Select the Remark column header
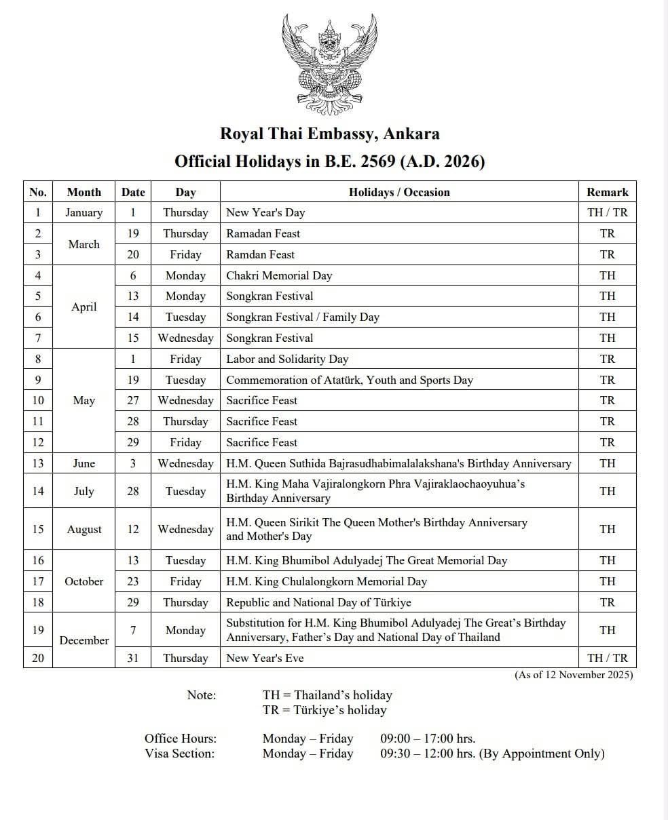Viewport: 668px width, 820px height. (607, 192)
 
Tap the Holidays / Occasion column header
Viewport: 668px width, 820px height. (399, 192)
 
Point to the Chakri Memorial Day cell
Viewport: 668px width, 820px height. (279, 275)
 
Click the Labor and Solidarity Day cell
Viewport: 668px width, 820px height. (287, 359)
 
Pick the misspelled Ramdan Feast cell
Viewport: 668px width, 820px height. (261, 254)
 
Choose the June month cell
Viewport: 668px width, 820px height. (83, 463)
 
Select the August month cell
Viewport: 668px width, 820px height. (83, 529)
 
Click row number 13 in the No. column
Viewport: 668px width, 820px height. (38, 463)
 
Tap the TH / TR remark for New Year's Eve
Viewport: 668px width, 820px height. (607, 658)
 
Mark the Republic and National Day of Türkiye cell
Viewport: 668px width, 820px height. (318, 602)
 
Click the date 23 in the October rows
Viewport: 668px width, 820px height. (133, 581)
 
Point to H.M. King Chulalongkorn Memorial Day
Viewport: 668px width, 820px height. (327, 581)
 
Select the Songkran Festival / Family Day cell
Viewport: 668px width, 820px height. (303, 317)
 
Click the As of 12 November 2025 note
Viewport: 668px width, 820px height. (574, 675)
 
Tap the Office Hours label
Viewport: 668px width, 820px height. (181, 739)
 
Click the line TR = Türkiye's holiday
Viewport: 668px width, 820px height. (324, 710)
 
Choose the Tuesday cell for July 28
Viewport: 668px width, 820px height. (185, 491)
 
